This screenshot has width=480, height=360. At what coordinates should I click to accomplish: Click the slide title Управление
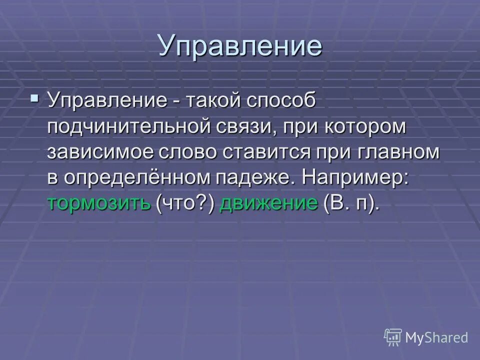point(240,45)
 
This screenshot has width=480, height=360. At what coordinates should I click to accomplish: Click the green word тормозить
point(99,203)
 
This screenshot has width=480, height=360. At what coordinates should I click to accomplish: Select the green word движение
point(269,203)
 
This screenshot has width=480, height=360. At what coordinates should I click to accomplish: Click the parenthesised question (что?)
point(185,203)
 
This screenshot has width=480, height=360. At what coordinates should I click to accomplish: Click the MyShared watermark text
point(436,337)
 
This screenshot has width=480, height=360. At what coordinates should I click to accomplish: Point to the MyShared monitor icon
point(393,337)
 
